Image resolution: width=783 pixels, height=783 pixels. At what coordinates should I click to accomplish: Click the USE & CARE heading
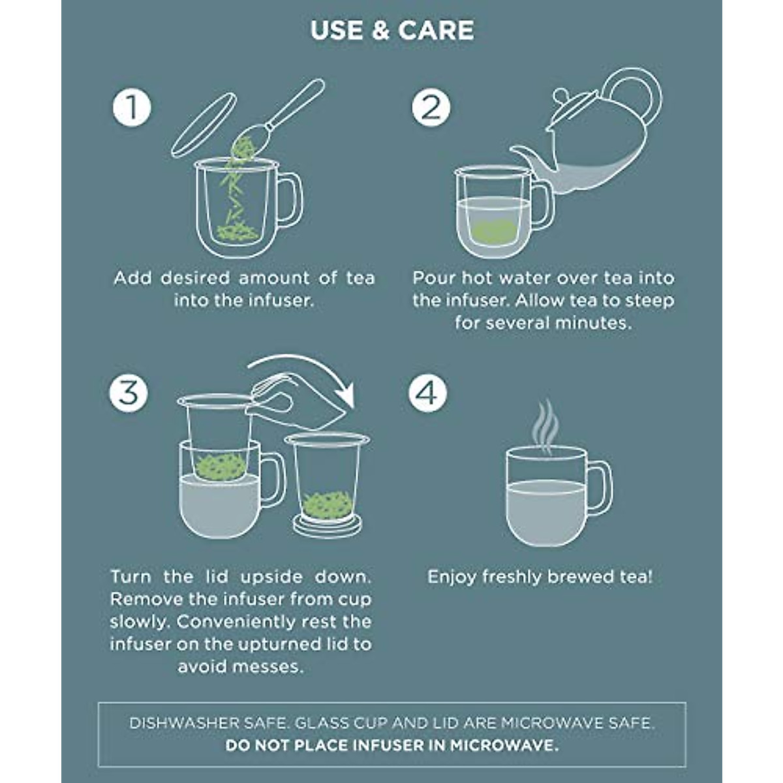392,31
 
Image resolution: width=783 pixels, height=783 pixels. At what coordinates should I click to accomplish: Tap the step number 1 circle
132,108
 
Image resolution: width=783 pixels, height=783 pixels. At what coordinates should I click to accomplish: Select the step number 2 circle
431,108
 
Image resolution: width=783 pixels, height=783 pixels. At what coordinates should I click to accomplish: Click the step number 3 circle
129,393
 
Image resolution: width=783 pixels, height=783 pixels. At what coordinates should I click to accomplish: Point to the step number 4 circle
428,393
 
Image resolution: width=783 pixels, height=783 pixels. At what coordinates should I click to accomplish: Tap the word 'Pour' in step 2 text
434,278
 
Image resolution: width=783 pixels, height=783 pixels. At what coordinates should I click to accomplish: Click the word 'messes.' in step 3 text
272,667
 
